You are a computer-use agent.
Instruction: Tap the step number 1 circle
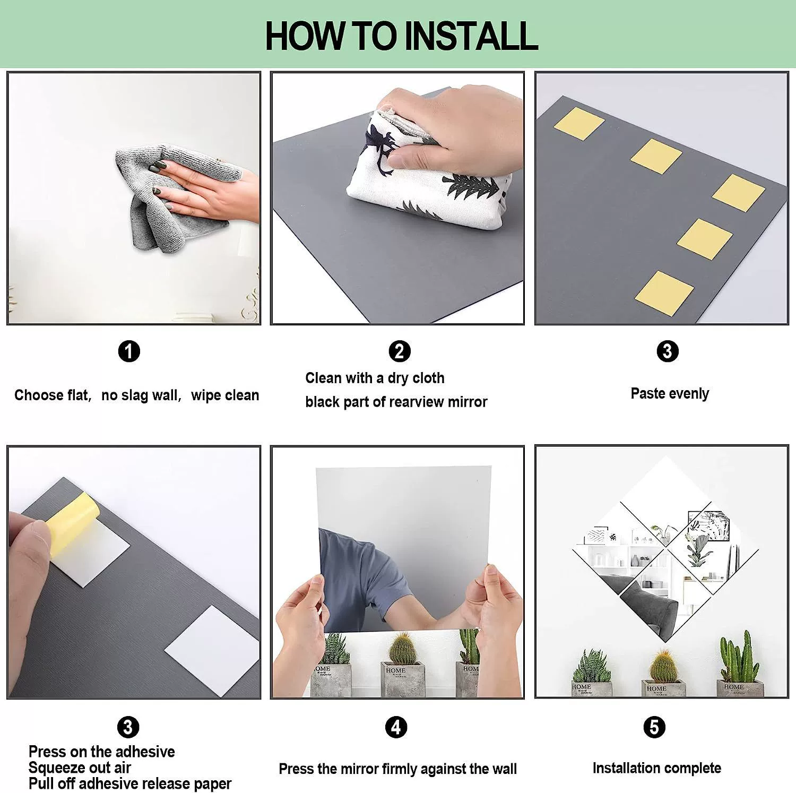[129, 351]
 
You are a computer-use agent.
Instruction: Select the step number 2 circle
[400, 351]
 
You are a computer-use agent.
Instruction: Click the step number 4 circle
[396, 727]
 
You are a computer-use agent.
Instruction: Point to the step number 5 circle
[654, 727]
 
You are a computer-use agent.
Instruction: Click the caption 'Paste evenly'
[670, 394]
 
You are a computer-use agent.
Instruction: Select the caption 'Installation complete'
[656, 768]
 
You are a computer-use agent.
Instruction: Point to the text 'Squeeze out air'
[80, 768]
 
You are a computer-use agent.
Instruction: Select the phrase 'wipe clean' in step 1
[225, 395]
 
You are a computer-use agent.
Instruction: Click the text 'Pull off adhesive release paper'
[130, 783]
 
